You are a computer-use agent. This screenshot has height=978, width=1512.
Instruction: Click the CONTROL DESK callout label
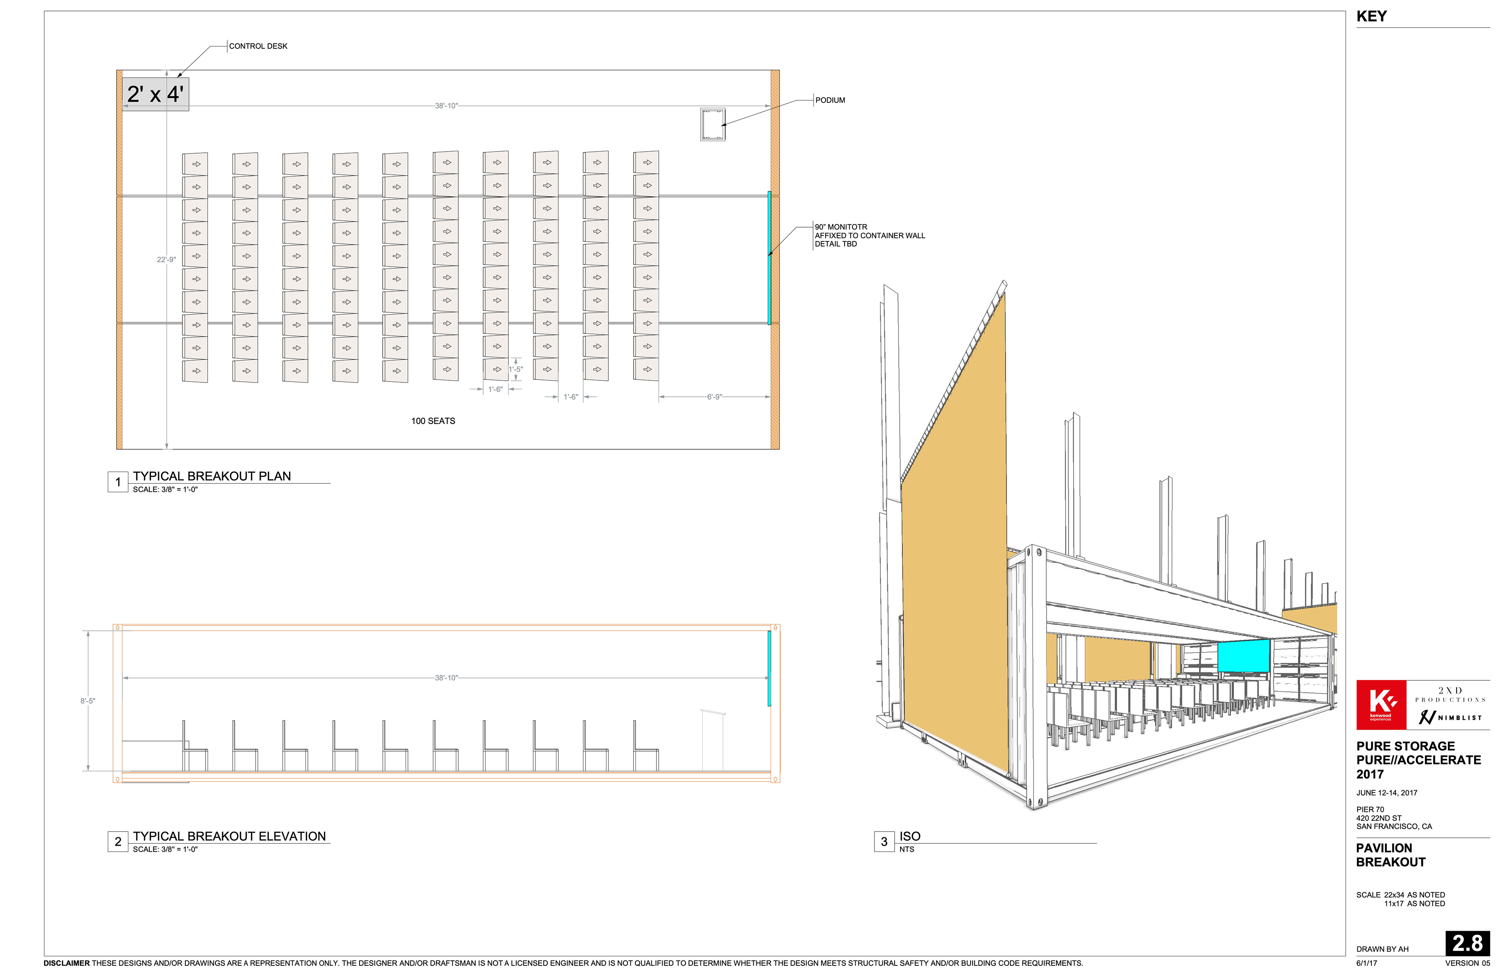(x=258, y=46)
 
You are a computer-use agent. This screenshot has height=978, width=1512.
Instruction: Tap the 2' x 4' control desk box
(x=155, y=94)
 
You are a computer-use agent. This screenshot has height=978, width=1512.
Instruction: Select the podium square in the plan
(x=713, y=124)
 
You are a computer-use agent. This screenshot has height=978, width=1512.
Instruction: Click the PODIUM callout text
(x=830, y=100)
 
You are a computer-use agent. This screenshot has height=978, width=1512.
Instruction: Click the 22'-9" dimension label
(x=167, y=260)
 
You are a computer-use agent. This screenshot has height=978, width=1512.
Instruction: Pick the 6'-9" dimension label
(x=714, y=397)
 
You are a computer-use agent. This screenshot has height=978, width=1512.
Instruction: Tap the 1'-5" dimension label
(x=516, y=369)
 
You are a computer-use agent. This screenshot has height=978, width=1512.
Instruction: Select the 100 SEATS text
(x=433, y=421)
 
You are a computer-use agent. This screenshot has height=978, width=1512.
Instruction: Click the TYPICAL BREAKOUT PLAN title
(x=211, y=476)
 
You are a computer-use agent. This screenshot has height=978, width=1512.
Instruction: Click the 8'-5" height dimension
(x=88, y=701)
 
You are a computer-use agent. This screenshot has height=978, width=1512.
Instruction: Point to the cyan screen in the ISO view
(x=1243, y=656)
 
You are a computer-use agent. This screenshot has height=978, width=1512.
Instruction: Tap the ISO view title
(x=909, y=836)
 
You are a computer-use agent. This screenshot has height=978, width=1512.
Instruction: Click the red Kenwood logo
(x=1380, y=705)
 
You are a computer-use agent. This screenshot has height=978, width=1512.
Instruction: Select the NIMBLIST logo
(x=1451, y=718)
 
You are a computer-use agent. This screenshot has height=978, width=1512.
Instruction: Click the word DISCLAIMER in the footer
(x=67, y=963)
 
